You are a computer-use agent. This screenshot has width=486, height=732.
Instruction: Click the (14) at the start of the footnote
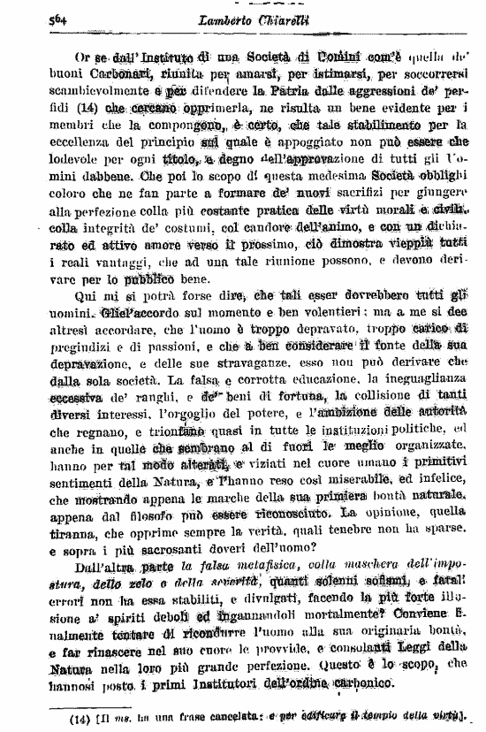coord(83,717)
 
